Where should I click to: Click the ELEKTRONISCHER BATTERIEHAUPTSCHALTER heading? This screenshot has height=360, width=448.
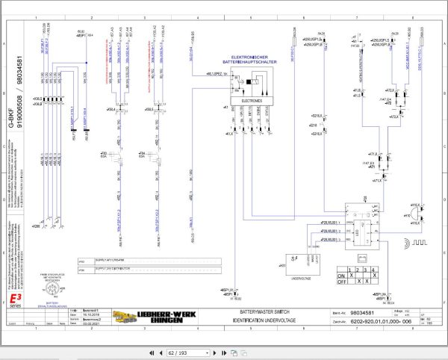tap(246, 60)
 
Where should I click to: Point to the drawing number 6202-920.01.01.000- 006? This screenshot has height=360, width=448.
tap(381, 321)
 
